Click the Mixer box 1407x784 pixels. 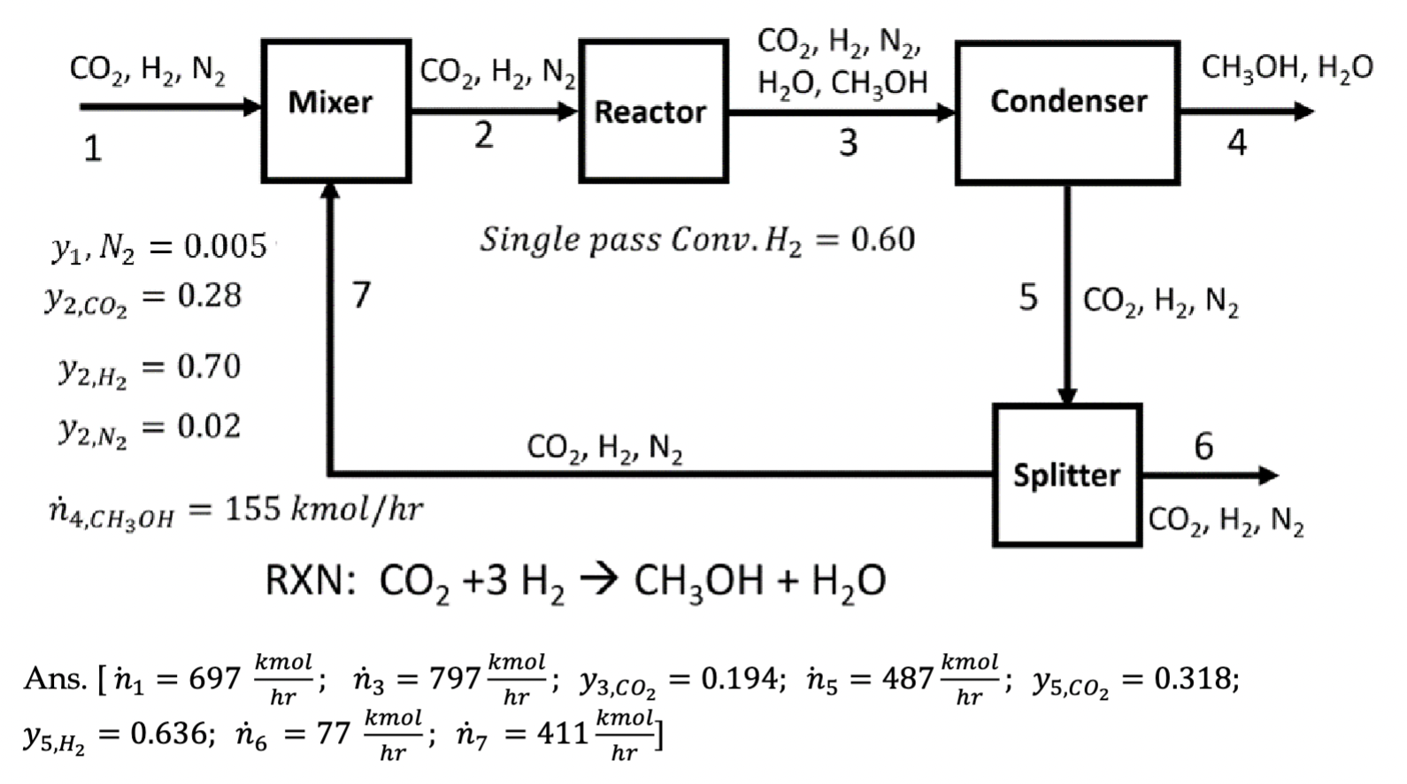click(335, 111)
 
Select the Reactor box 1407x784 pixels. click(653, 111)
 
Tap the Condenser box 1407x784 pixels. click(1067, 111)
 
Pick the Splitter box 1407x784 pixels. click(1066, 475)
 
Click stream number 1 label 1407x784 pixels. click(93, 149)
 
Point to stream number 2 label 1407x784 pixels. click(483, 135)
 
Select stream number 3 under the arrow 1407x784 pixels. click(848, 142)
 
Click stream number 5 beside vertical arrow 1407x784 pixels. click(1027, 298)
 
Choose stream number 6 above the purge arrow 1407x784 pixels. click(1203, 446)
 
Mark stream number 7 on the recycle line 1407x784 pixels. click(361, 295)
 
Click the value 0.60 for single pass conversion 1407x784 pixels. click(882, 239)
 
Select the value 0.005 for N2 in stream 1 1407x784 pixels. click(225, 246)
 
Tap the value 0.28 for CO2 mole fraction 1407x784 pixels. click(209, 296)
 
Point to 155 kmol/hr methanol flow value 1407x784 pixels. click(252, 509)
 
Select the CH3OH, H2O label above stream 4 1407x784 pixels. click(1287, 67)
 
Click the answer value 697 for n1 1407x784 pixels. click(214, 679)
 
